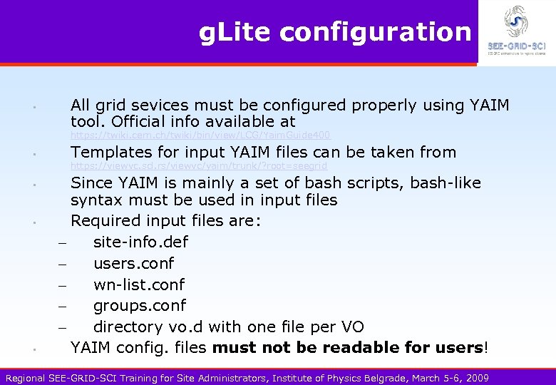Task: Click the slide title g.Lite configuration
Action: point(335,32)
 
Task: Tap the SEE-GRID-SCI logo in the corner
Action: point(516,31)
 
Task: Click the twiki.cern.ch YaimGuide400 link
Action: point(200,135)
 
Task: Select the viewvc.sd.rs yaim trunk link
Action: point(199,166)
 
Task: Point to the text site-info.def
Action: point(140,242)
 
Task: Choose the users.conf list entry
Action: point(133,263)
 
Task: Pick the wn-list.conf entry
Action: point(139,284)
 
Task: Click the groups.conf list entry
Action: point(140,305)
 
